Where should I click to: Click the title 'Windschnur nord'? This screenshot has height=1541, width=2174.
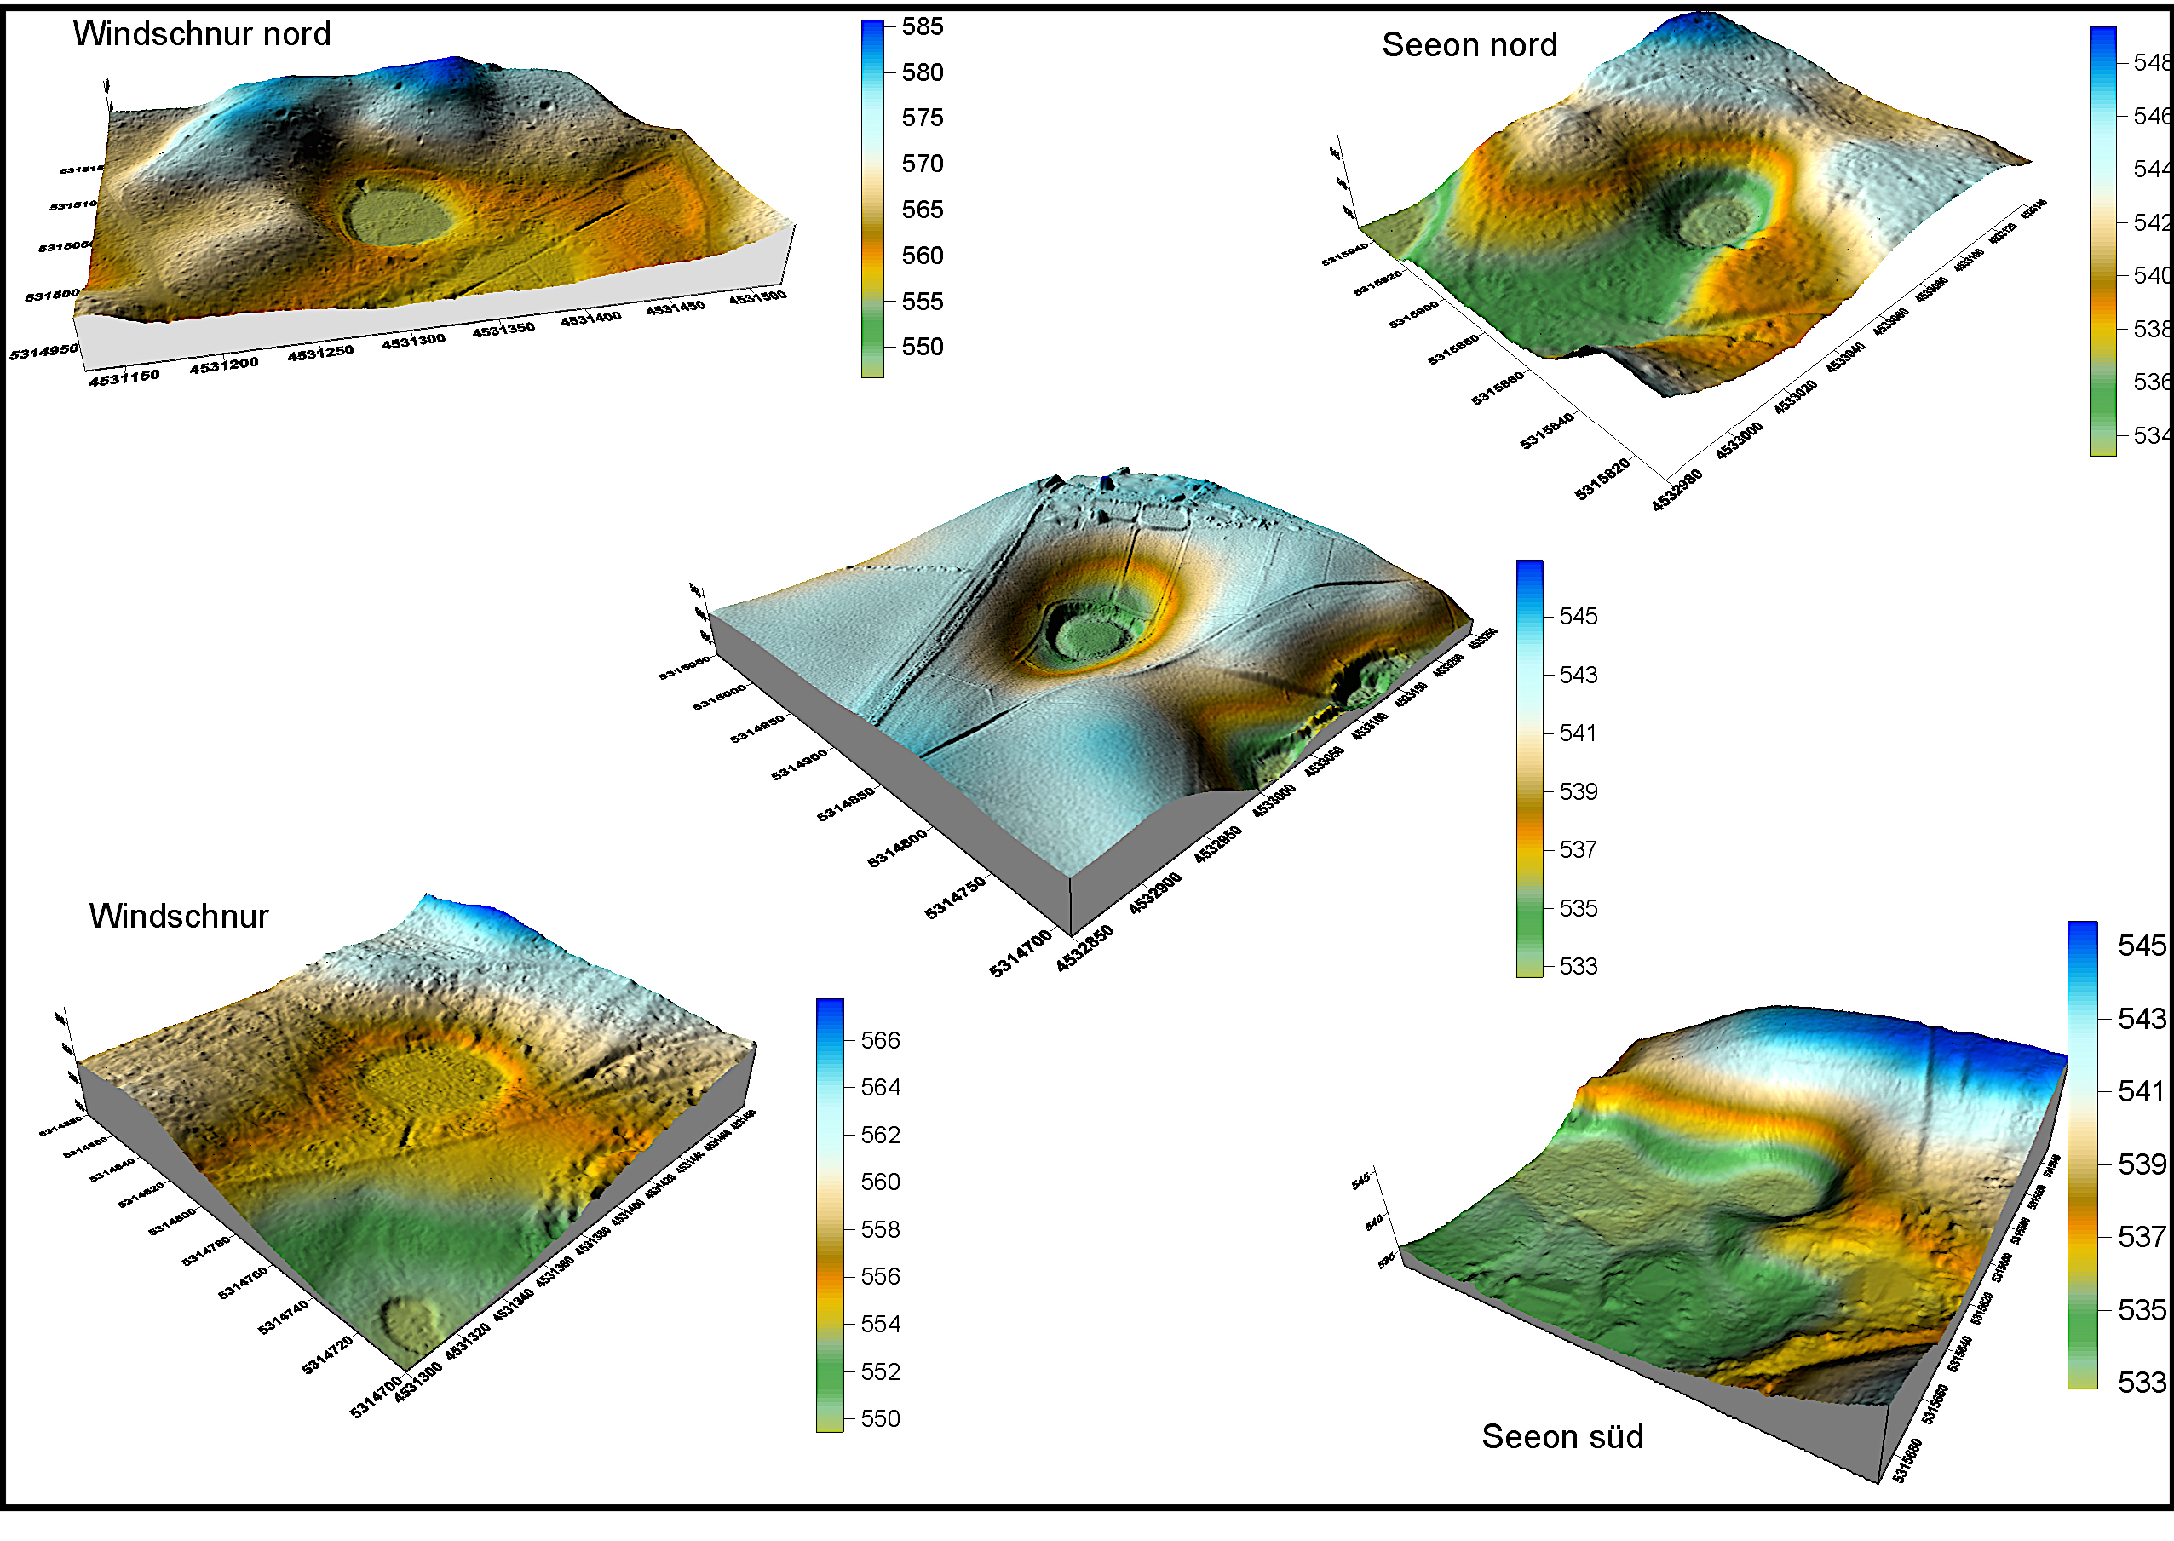click(201, 34)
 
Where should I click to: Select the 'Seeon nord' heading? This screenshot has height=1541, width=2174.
click(1469, 44)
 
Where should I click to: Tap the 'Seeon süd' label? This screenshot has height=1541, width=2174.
click(1562, 1436)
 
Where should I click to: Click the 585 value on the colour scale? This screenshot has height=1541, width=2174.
click(923, 26)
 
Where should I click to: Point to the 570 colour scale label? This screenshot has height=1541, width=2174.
click(923, 164)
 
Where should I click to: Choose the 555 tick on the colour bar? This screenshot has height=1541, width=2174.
click(923, 302)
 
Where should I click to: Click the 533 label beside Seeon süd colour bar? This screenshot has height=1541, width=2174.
click(2142, 1383)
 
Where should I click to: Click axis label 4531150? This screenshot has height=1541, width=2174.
click(124, 377)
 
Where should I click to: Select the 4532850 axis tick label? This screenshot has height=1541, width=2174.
click(1084, 949)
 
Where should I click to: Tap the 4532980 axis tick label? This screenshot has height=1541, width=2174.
click(1677, 492)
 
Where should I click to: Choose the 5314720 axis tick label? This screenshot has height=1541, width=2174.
click(327, 1352)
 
